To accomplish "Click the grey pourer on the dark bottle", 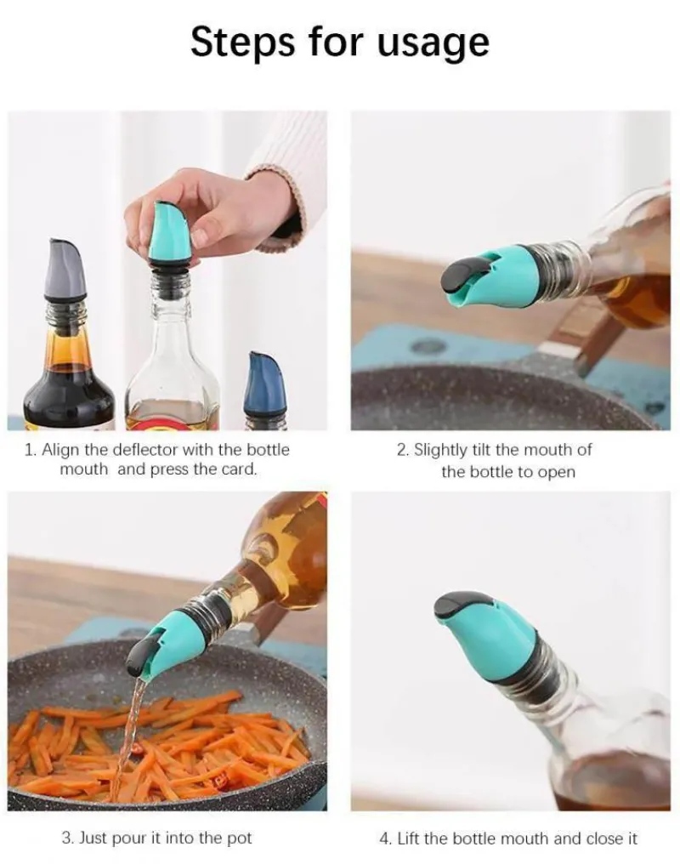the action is point(65,270).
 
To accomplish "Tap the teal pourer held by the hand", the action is point(170,232).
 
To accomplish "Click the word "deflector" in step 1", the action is point(145,450).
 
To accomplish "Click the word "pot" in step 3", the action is point(239,838).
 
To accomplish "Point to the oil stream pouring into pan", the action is point(128,738).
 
